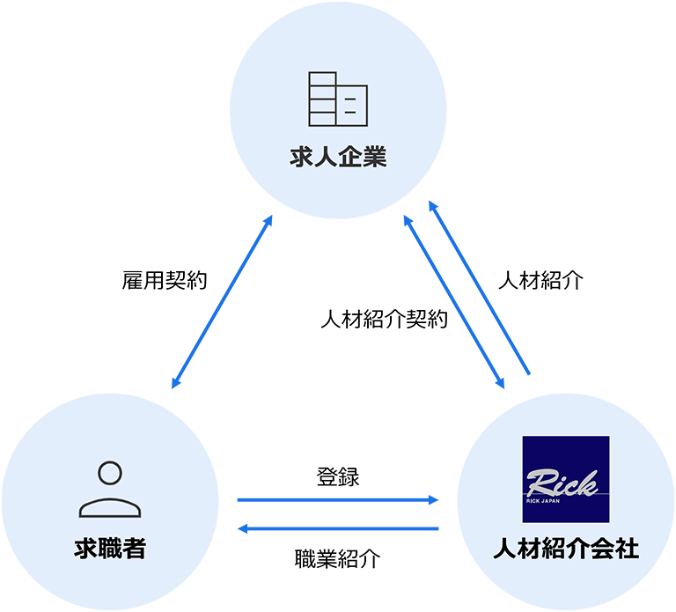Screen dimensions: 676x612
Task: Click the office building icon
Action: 338,100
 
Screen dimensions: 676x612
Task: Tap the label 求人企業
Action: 338,157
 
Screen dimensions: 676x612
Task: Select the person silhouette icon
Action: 110,490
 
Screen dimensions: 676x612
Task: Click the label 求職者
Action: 110,549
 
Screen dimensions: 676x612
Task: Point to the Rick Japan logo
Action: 566,479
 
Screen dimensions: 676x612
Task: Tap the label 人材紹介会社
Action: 566,549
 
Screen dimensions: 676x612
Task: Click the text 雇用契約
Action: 165,280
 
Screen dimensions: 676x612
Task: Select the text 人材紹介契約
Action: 384,319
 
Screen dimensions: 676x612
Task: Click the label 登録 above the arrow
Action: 338,477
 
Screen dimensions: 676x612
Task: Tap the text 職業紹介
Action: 338,559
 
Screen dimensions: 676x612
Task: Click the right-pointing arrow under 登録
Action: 338,500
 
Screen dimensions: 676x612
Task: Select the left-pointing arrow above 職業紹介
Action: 338,528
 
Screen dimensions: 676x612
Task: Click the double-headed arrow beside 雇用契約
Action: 222,302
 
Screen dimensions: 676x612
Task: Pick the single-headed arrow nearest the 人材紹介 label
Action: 479,287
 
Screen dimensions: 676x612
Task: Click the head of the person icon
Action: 110,473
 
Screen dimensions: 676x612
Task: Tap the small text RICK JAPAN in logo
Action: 543,501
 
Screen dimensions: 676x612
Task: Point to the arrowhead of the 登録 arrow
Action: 434,500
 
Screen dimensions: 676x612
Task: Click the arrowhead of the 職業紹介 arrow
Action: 242,528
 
